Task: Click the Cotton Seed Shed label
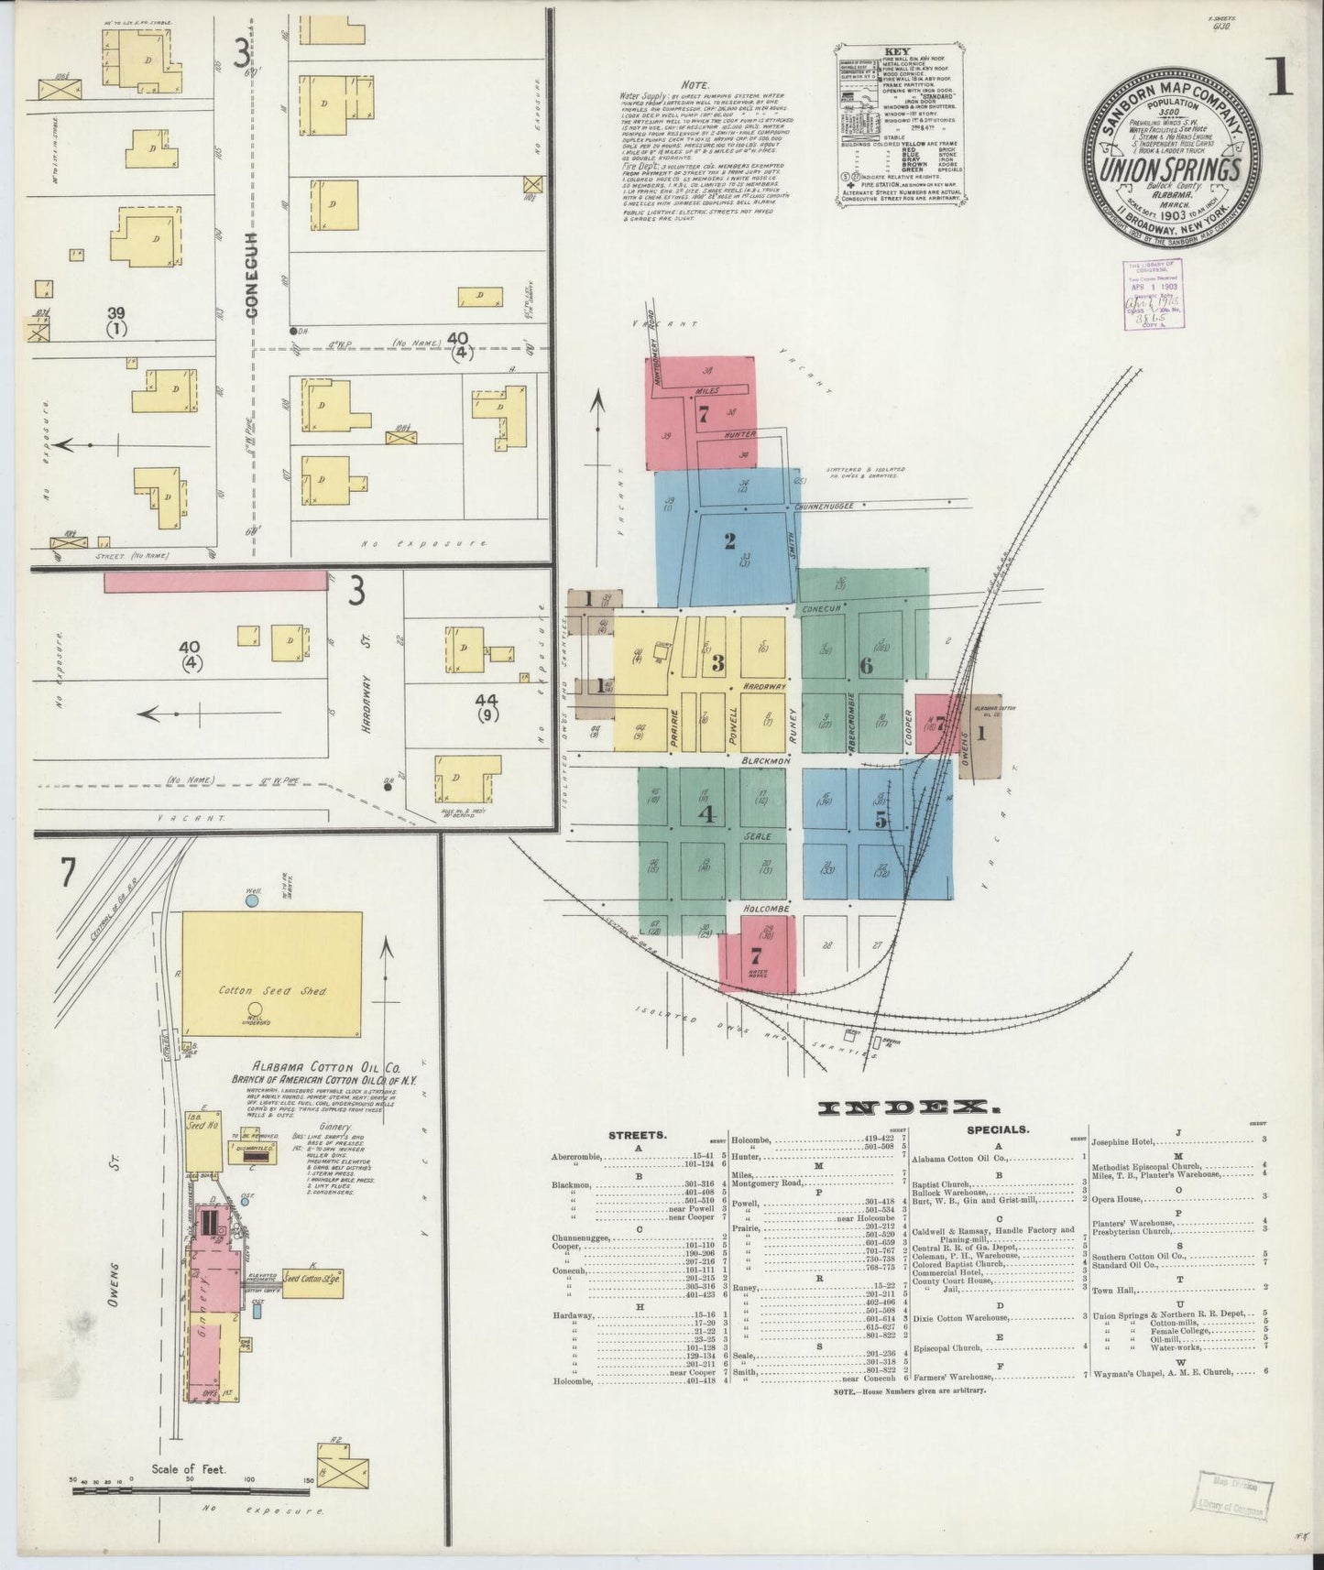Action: (x=272, y=990)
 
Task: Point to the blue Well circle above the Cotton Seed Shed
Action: (x=253, y=901)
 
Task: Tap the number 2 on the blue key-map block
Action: (x=729, y=540)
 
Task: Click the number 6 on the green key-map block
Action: (x=865, y=666)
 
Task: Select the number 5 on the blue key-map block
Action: (x=881, y=820)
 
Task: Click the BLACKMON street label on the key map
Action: (x=767, y=760)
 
